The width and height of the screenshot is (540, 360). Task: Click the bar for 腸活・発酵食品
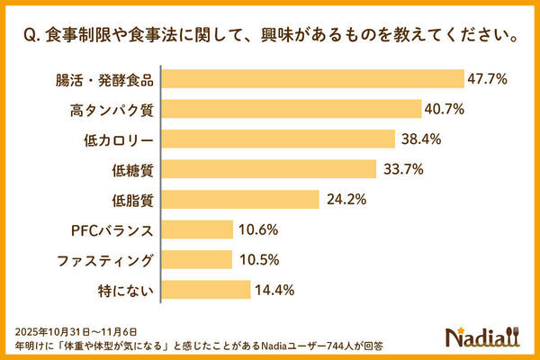pyautogui.click(x=312, y=79)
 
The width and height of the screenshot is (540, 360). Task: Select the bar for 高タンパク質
pyautogui.click(x=292, y=110)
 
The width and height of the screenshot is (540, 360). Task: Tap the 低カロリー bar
pyautogui.click(x=279, y=139)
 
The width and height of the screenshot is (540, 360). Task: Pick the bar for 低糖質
pyautogui.click(x=269, y=169)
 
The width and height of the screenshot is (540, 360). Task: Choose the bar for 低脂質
pyautogui.click(x=240, y=200)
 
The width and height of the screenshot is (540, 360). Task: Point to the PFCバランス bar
pyautogui.click(x=197, y=229)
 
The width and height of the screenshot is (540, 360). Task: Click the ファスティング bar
pyautogui.click(x=197, y=260)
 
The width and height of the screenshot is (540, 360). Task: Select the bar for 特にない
pyautogui.click(x=206, y=290)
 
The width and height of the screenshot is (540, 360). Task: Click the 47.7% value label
pyautogui.click(x=488, y=79)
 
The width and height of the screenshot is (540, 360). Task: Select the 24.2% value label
pyautogui.click(x=344, y=200)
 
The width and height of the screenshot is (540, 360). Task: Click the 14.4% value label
pyautogui.click(x=274, y=290)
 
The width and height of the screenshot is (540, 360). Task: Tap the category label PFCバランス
pyautogui.click(x=112, y=230)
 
